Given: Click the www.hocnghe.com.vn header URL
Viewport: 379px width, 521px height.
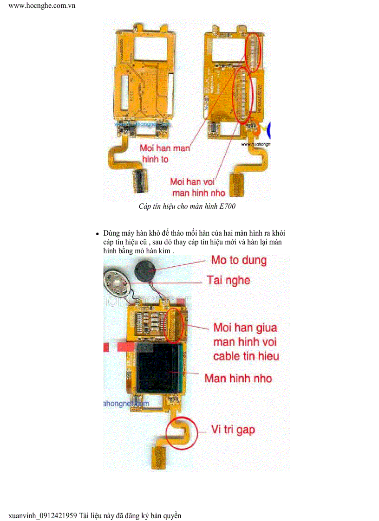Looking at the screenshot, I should pos(42,6).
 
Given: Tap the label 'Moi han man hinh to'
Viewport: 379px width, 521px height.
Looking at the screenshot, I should pos(165,154).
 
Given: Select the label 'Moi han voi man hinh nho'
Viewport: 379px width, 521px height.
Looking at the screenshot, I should pos(198,187).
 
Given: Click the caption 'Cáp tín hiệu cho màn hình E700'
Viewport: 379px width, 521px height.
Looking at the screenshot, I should pos(187,206).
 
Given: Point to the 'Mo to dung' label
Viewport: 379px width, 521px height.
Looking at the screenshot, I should pos(239,260).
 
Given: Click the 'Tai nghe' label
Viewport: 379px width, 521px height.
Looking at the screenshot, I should pos(229,280).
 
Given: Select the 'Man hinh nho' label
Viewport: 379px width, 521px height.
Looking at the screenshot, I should pos(238,378).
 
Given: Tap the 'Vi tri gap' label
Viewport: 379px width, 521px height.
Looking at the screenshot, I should pos(233,429).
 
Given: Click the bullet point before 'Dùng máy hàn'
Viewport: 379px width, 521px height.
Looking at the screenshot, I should pos(98,234).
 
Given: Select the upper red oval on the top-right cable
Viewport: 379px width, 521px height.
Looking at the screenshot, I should pos(254,52).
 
